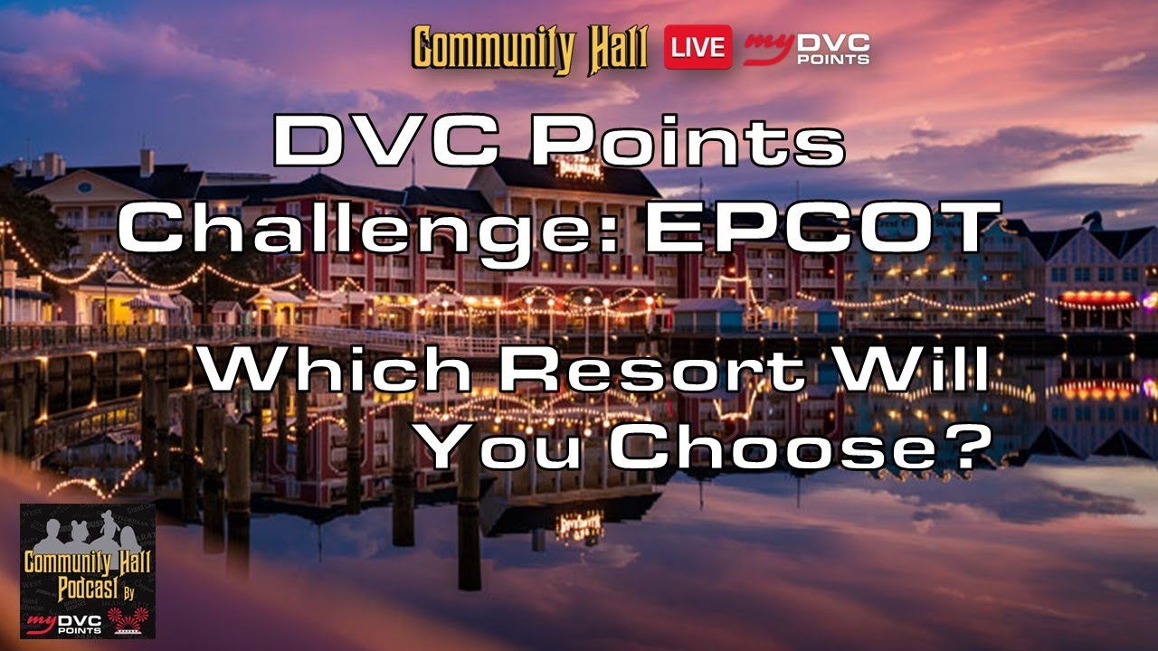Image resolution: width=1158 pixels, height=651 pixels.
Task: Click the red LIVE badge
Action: (698, 47)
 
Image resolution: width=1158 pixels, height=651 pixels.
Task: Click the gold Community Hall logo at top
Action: (530, 49)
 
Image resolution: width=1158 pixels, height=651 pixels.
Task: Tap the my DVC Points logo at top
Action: (807, 49)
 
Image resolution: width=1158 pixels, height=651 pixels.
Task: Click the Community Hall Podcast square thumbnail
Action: (88, 571)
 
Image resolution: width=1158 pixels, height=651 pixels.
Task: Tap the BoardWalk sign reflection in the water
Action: (579, 524)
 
